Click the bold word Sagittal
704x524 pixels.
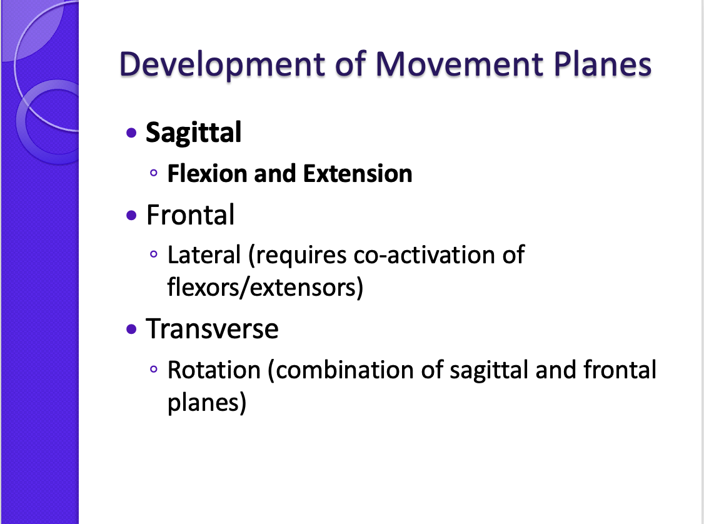tap(193, 133)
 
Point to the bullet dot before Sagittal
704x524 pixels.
tap(131, 133)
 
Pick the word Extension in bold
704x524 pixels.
tap(358, 174)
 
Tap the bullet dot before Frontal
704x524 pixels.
tap(131, 216)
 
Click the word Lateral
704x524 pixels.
tap(204, 255)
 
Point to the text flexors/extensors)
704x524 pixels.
tap(265, 288)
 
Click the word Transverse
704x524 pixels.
tap(212, 329)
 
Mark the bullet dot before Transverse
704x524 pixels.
tap(131, 329)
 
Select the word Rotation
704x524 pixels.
tap(214, 370)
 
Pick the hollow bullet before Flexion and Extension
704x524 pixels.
tap(154, 174)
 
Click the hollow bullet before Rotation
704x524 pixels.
tap(154, 371)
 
